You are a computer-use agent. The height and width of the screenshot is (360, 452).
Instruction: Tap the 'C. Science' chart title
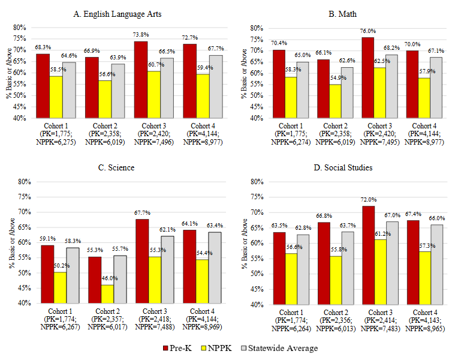(123, 167)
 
